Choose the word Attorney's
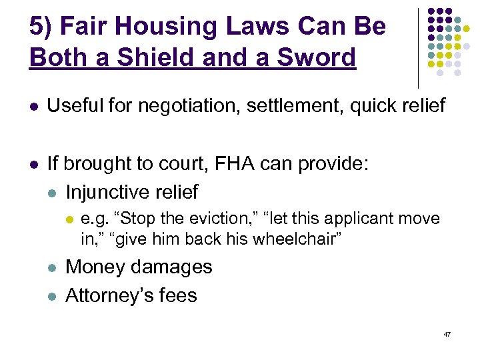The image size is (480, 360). (110, 295)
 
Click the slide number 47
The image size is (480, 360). (447, 333)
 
